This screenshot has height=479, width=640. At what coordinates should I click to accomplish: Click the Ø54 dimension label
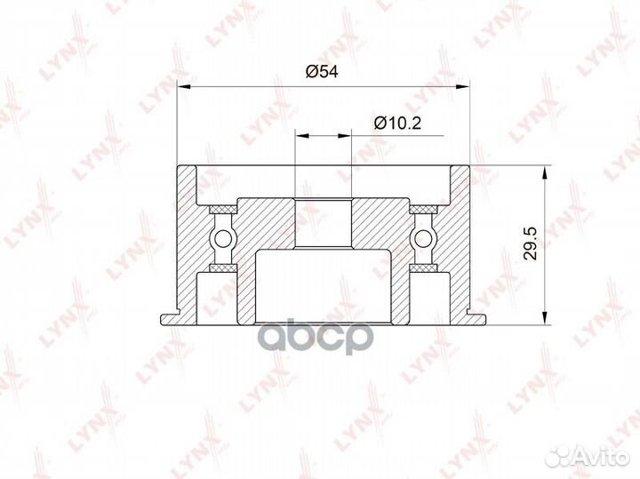322,71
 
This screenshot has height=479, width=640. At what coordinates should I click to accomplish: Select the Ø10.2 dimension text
397,123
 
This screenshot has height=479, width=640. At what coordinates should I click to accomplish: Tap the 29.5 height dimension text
531,243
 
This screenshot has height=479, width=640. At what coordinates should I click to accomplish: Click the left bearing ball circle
223,238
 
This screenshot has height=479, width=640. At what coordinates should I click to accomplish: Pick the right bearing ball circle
423,238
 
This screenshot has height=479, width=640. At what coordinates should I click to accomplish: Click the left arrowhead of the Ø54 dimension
185,86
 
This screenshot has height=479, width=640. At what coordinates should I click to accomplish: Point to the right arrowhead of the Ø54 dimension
463,86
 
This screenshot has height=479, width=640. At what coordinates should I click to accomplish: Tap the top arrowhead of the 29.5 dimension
545,172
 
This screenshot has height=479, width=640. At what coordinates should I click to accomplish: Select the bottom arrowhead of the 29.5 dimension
545,318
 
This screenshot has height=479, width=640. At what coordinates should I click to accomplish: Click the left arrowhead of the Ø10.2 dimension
302,135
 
